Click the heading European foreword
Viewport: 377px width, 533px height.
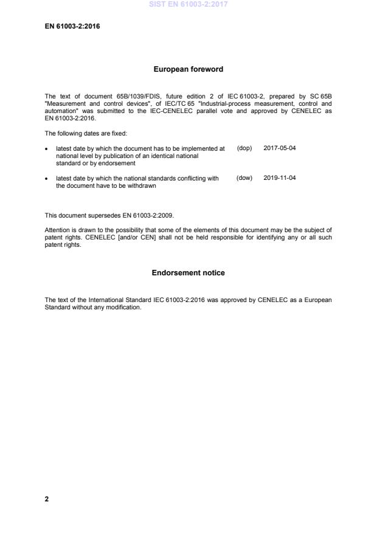188,69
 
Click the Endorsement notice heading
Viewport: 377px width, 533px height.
188,273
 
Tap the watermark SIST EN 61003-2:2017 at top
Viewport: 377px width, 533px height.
188,5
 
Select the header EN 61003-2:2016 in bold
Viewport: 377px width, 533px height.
72,26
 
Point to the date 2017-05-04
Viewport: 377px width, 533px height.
280,148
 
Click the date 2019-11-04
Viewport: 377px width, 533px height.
280,178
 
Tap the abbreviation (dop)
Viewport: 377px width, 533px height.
244,148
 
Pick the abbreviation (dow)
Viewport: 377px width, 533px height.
244,178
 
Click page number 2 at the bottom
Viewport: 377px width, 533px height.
47,499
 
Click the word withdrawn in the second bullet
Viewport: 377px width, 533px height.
142,186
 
